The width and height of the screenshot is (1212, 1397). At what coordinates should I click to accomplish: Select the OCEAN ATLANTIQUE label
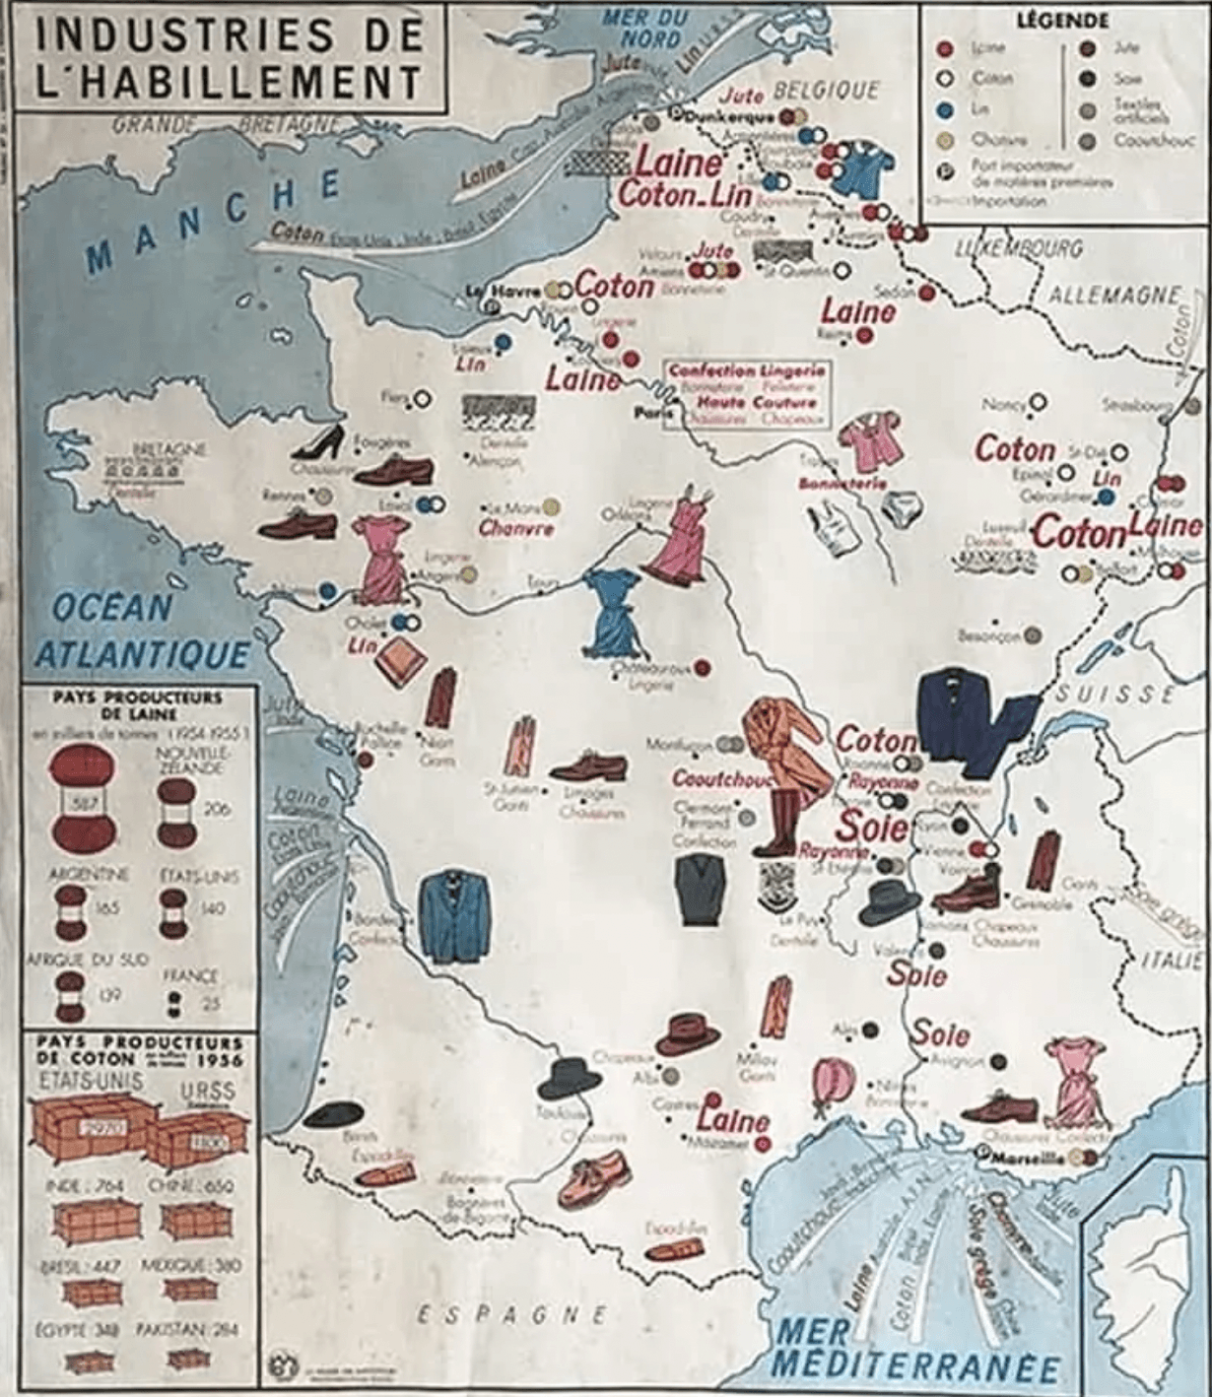click(x=140, y=632)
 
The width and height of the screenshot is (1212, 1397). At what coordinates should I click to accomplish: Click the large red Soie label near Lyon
click(x=871, y=825)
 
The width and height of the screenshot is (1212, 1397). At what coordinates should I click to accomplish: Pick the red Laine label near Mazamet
click(x=733, y=1120)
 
